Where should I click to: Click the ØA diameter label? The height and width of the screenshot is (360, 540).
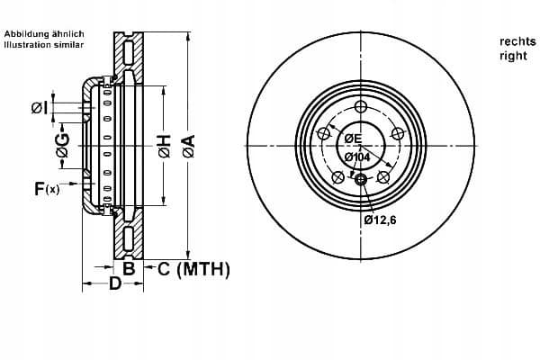[189, 146]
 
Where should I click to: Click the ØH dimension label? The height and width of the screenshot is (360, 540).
[165, 147]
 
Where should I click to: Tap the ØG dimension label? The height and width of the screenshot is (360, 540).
[63, 146]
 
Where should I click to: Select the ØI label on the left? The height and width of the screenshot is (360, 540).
[40, 108]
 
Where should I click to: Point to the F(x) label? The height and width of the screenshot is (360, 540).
[47, 189]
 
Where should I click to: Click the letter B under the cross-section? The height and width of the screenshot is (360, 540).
[129, 268]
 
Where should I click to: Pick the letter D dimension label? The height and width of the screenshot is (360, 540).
[115, 283]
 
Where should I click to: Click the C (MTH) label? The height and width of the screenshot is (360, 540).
[193, 269]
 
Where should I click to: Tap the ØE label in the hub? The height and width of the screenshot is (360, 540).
[353, 139]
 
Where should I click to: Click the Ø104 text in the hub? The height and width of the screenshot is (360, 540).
[357, 157]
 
